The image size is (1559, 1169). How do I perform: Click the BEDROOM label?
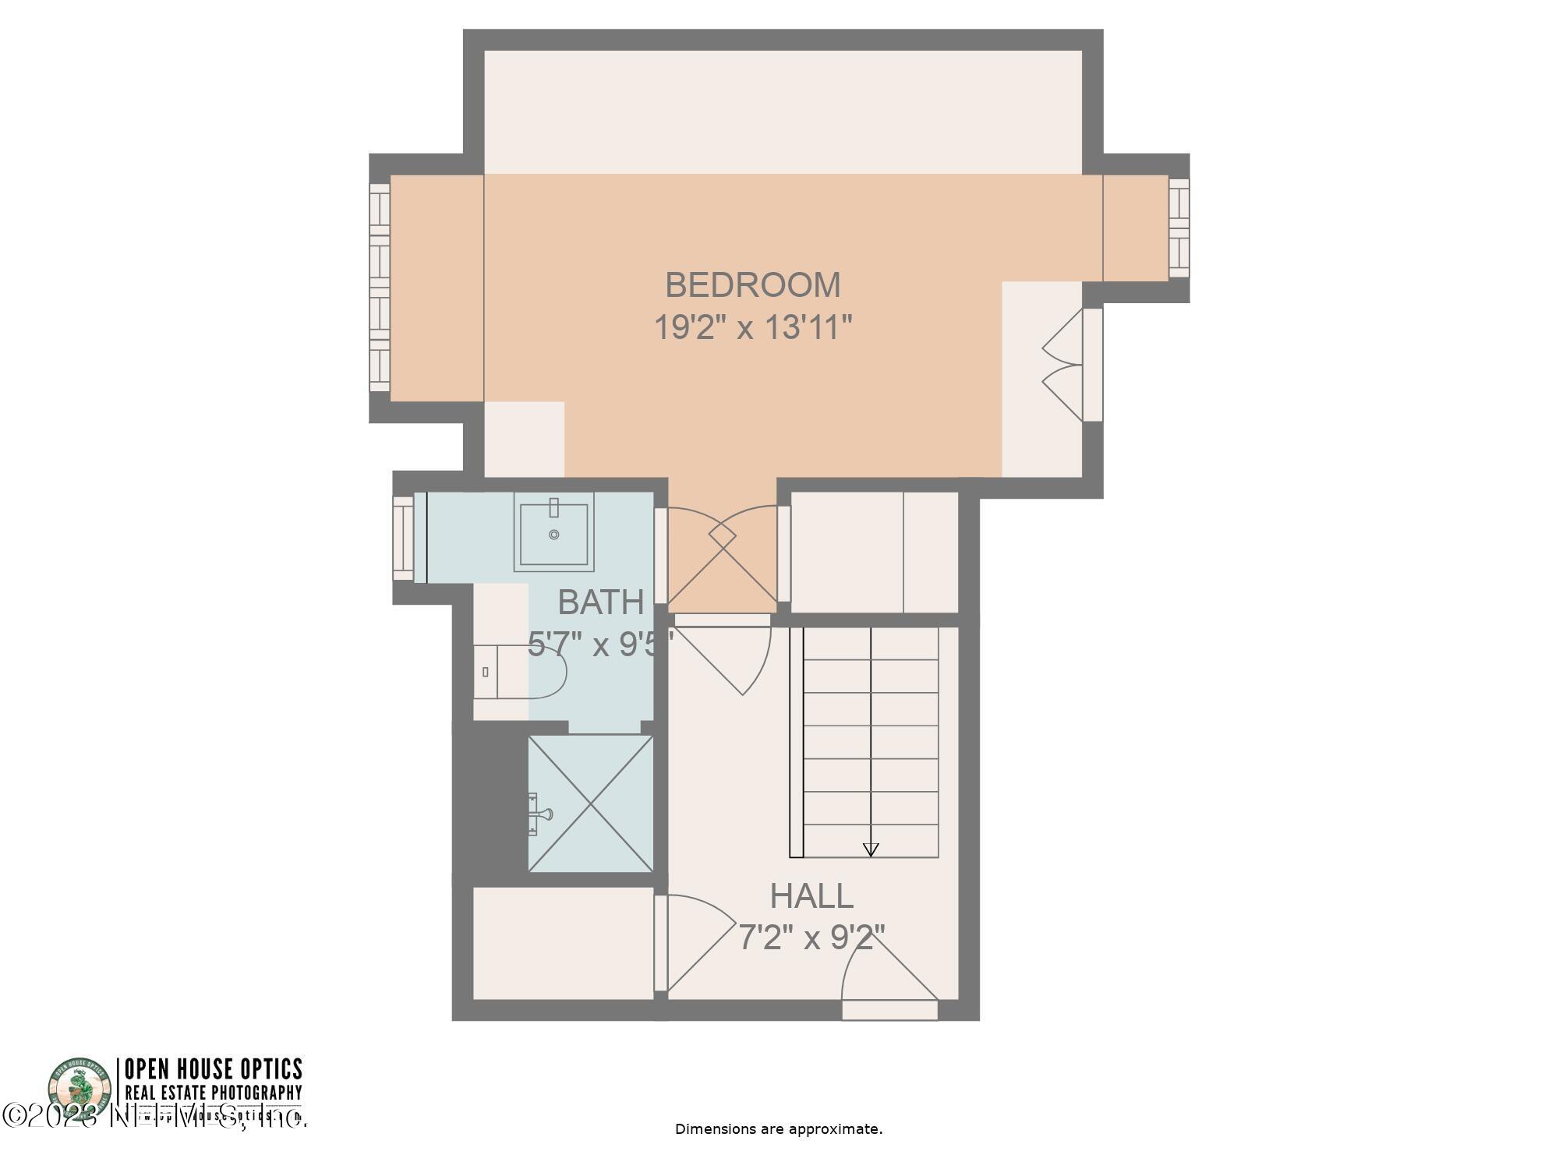point(752,284)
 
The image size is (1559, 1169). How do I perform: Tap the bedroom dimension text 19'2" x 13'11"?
point(752,327)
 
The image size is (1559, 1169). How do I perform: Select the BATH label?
point(601,602)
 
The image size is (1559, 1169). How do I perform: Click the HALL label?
point(811,896)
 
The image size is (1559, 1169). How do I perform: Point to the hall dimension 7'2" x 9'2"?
point(811,938)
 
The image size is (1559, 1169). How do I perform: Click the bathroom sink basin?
point(553,534)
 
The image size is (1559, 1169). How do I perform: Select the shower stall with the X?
point(591,803)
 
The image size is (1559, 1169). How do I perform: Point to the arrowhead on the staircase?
point(871,849)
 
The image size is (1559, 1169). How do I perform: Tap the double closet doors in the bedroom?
point(1064,365)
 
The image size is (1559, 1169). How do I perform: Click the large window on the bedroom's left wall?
point(380,288)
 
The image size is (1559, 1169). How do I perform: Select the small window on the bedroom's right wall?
point(1179,228)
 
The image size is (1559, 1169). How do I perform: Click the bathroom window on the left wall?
point(404,538)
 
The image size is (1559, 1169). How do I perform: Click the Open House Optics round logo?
point(80,1091)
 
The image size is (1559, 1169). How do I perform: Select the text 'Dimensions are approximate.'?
point(778,1128)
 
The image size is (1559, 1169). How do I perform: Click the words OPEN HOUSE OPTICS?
point(213,1068)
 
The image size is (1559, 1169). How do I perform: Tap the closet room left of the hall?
point(563,943)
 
